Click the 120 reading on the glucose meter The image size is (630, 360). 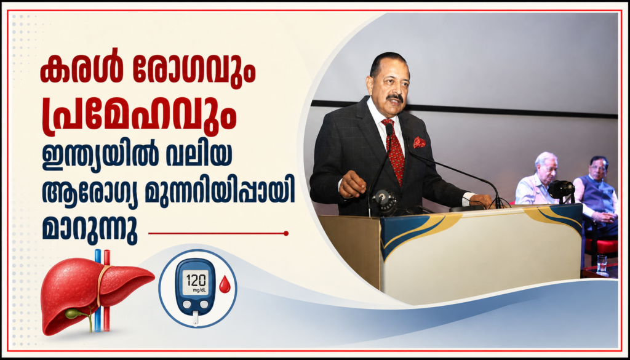click(x=196, y=278)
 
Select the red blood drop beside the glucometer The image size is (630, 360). click(x=225, y=286)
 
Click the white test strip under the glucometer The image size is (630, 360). click(x=195, y=318)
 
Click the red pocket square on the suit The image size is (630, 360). click(x=419, y=142)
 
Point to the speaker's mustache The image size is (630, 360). click(x=395, y=98)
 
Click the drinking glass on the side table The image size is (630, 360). click(x=602, y=263)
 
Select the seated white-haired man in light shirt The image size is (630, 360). click(x=536, y=179)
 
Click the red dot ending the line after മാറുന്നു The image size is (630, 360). click(x=285, y=233)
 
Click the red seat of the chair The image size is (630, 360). click(x=600, y=245)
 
